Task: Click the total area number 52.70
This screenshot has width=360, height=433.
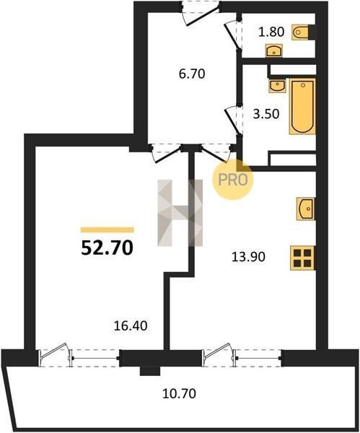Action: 107,248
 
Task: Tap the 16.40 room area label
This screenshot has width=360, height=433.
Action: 131,326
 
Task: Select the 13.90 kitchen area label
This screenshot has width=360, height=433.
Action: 248,257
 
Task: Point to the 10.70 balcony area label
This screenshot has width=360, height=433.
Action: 179,393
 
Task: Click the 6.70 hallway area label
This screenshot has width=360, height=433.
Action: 192,74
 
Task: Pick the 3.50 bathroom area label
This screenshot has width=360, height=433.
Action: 266,114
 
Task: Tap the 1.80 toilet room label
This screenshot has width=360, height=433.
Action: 271,32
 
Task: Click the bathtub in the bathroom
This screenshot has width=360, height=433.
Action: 302,106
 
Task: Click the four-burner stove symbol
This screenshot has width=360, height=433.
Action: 302,258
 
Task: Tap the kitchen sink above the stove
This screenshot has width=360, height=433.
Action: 306,209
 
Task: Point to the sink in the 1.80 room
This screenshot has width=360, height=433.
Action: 274,51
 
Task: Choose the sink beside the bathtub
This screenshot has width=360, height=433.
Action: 278,86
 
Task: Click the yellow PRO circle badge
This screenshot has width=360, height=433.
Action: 232,180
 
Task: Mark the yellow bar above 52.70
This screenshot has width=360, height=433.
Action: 107,229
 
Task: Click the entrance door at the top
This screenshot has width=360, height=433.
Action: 201,13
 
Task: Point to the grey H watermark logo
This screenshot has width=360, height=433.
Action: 180,213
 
